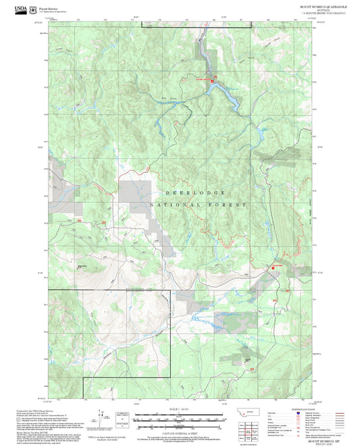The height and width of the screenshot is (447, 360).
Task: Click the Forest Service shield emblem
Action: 34,9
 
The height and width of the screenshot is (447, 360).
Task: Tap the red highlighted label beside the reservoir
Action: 200,79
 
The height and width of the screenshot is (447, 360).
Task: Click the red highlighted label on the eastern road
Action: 276,267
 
